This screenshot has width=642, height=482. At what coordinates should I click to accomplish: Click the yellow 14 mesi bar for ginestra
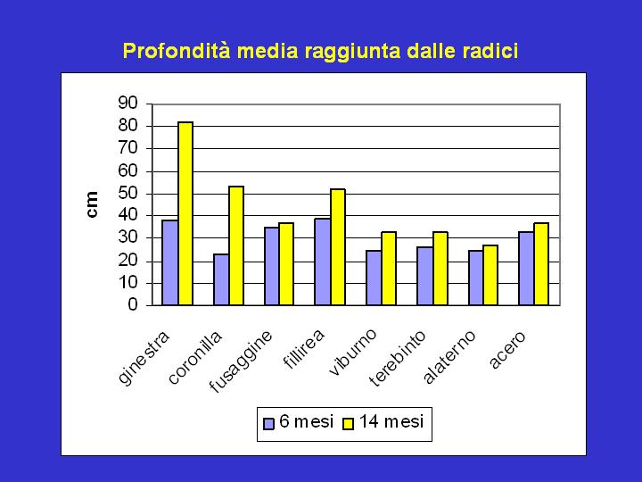(185, 213)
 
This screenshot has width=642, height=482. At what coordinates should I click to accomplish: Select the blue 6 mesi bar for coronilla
(221, 279)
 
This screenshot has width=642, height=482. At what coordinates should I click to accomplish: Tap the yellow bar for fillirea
(338, 247)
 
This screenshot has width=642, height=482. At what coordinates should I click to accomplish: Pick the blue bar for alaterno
(476, 278)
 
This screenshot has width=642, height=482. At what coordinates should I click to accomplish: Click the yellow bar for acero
(541, 264)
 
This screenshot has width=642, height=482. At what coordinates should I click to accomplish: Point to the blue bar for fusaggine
(272, 266)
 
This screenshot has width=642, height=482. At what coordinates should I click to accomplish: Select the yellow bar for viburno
(389, 269)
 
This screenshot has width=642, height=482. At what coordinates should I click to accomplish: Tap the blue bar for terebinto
(425, 276)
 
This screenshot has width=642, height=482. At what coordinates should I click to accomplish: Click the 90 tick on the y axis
(128, 103)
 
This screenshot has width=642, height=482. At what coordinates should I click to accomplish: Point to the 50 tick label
(128, 193)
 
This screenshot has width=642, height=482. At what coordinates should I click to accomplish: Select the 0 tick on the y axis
(133, 304)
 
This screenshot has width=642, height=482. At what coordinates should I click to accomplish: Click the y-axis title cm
(93, 204)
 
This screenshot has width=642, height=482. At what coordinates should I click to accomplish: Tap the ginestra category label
(144, 357)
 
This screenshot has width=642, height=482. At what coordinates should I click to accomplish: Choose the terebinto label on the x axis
(397, 358)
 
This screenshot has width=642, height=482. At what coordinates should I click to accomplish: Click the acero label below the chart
(507, 349)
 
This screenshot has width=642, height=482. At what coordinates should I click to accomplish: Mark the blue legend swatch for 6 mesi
(268, 423)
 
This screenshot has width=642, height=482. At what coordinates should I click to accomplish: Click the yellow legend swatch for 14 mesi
(348, 423)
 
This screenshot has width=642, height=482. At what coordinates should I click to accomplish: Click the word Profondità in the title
(177, 51)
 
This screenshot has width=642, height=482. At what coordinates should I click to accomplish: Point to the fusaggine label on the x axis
(241, 361)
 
